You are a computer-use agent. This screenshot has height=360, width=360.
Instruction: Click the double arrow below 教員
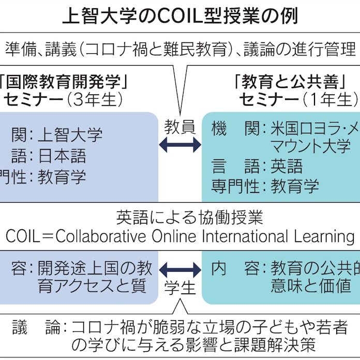(x=179, y=146)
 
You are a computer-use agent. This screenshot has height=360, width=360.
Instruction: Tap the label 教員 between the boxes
(x=179, y=126)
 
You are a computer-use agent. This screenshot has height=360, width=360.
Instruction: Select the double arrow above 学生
(x=179, y=269)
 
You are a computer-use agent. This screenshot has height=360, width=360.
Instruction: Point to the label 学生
(x=179, y=288)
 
